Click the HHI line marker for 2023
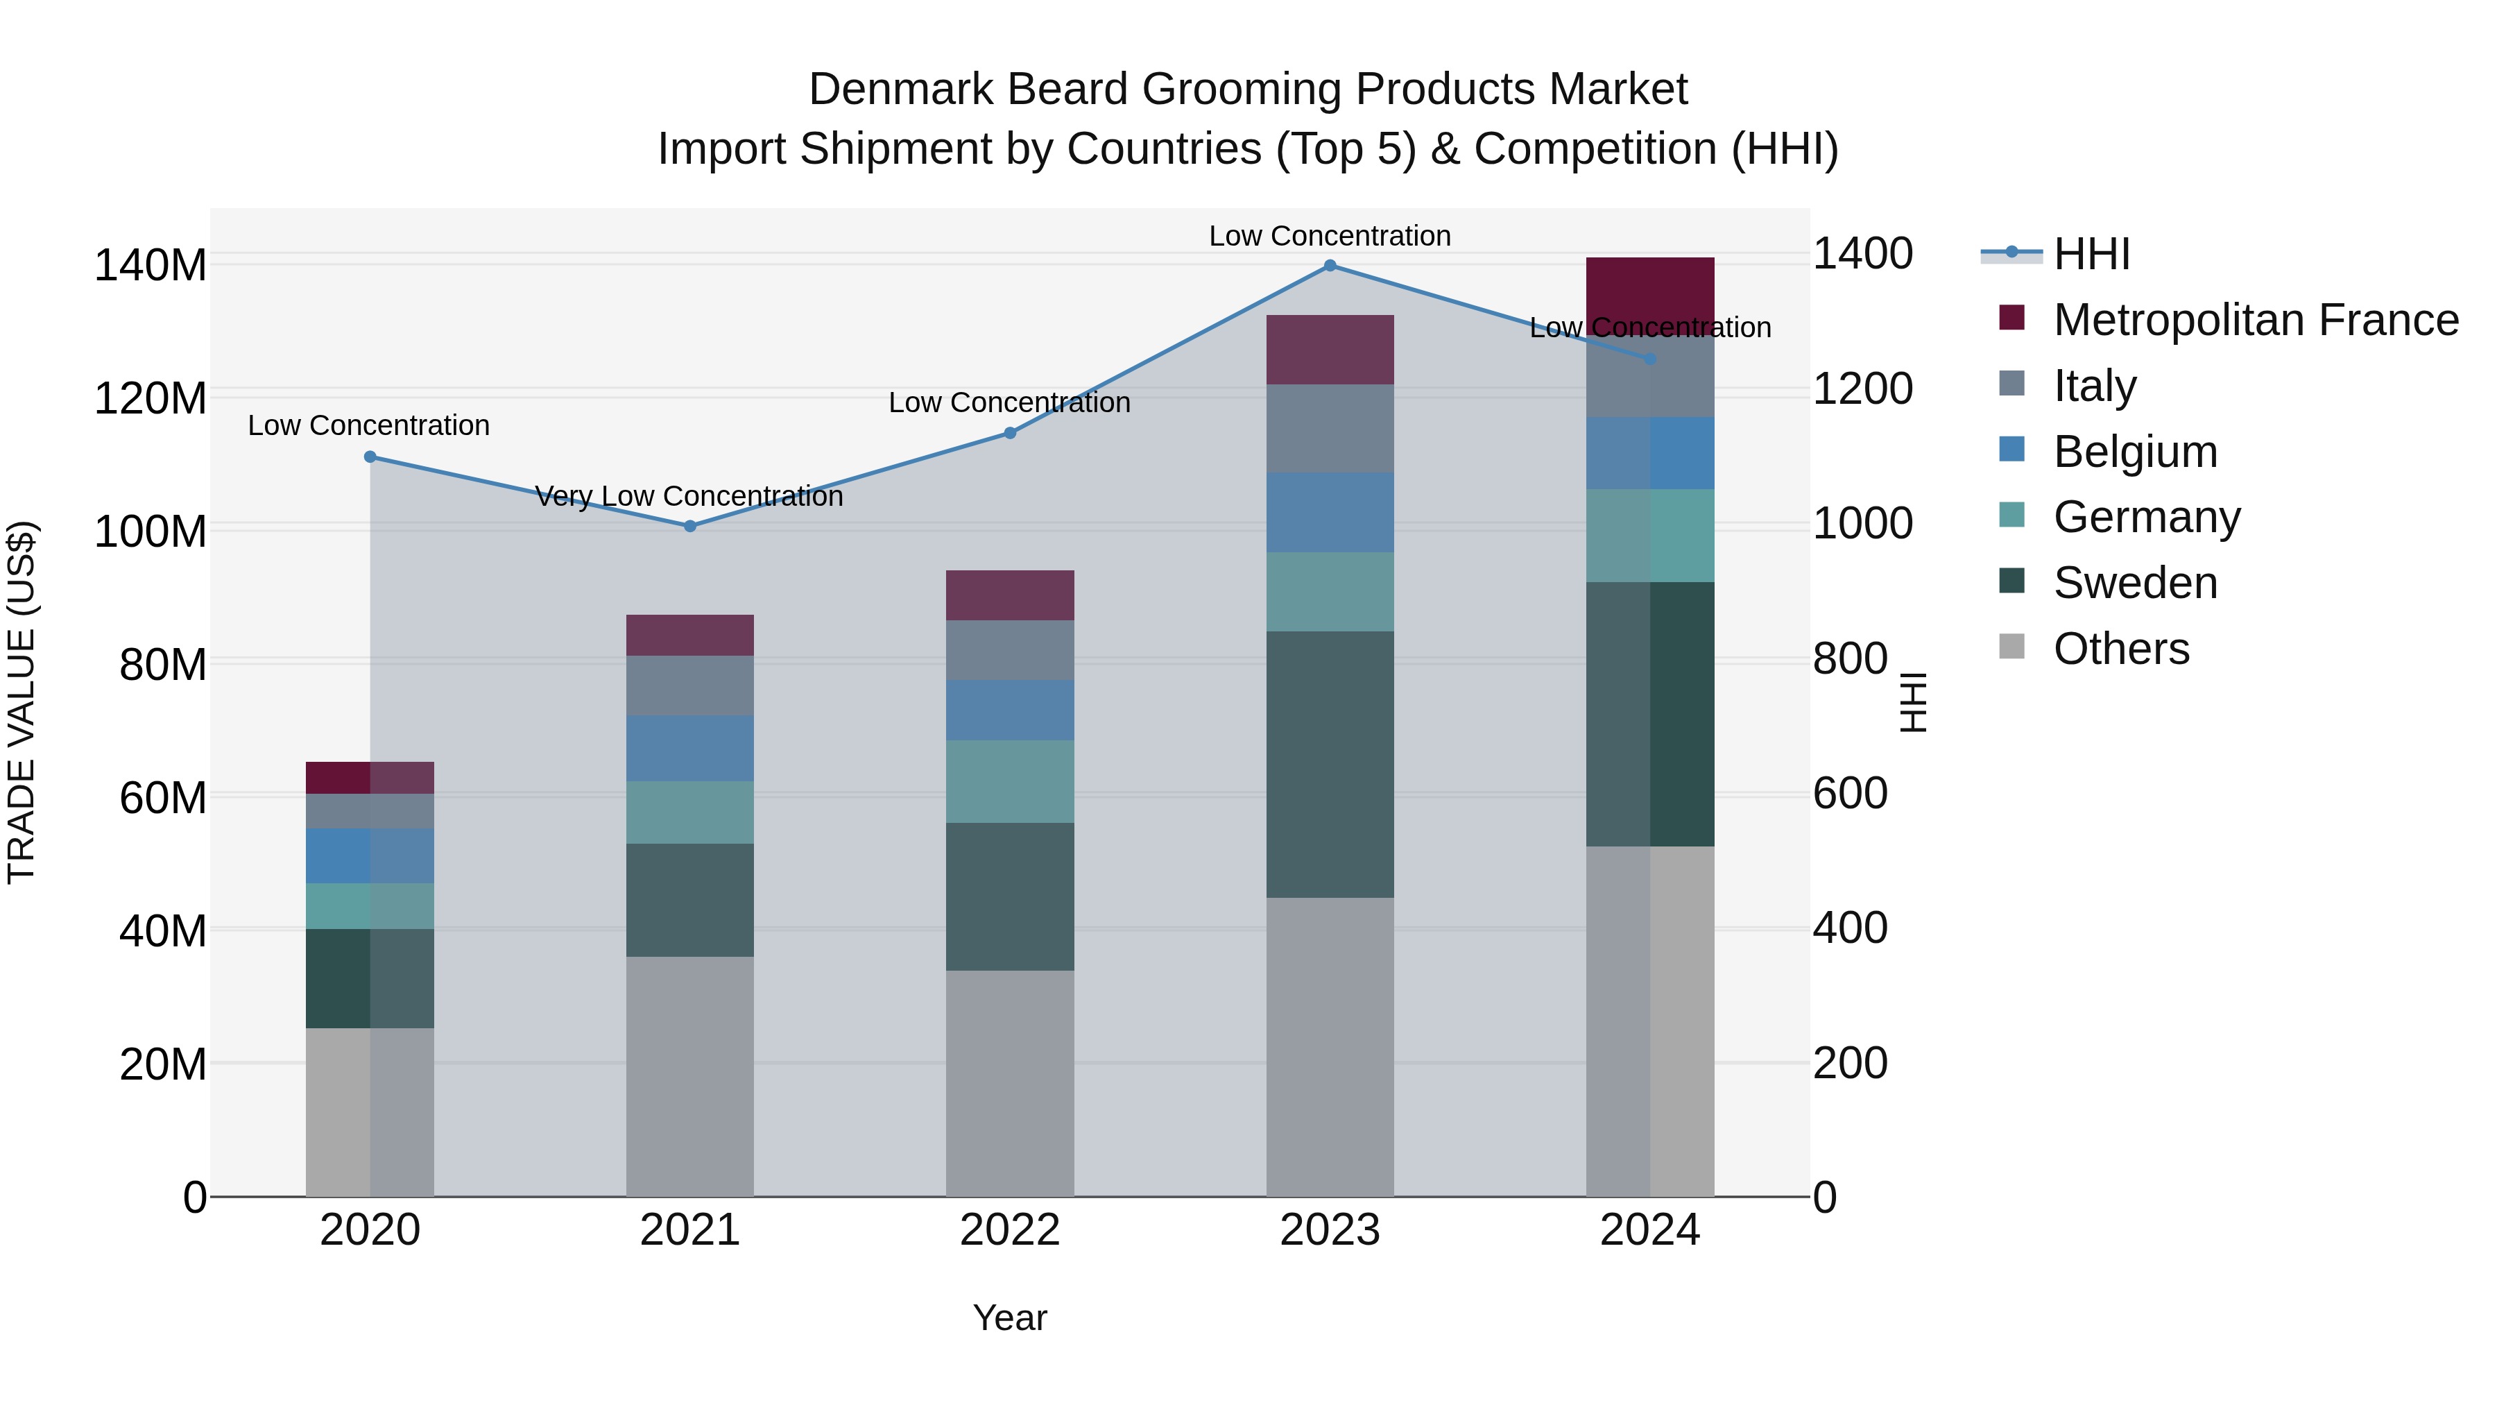point(1330,266)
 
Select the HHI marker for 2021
point(690,527)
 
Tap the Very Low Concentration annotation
point(689,497)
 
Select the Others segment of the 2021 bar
point(690,1076)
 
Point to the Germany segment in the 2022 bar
point(1010,781)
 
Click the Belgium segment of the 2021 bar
point(690,749)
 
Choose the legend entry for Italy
point(2094,386)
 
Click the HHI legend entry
point(2091,254)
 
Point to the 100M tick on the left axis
point(151,531)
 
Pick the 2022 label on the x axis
point(1010,1230)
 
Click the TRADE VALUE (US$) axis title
point(22,702)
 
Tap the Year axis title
point(1010,1318)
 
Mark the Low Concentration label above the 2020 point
point(368,426)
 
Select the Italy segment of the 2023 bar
point(1330,429)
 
